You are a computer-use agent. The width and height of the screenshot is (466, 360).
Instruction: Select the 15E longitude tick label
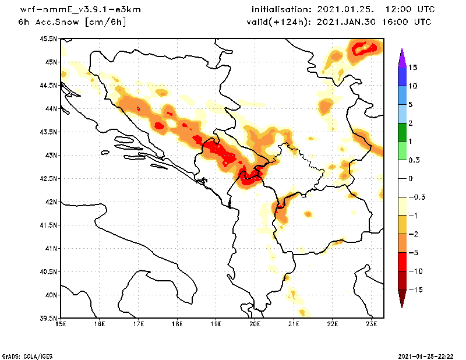[x=61, y=324]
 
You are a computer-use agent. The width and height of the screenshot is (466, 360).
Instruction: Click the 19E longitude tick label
[x=216, y=324]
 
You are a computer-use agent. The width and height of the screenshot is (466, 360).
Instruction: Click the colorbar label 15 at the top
[x=412, y=67]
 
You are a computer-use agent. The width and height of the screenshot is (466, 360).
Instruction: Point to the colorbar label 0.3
[x=414, y=160]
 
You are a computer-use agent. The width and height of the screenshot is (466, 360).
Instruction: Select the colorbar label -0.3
[x=415, y=197]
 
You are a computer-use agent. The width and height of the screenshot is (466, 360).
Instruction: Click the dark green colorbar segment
[x=401, y=132]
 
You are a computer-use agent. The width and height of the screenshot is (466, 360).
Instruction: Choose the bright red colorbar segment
[x=401, y=262]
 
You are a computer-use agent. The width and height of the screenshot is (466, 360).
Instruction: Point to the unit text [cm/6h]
[x=105, y=22]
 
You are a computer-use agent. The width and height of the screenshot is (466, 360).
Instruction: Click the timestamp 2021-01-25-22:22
[x=425, y=355]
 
